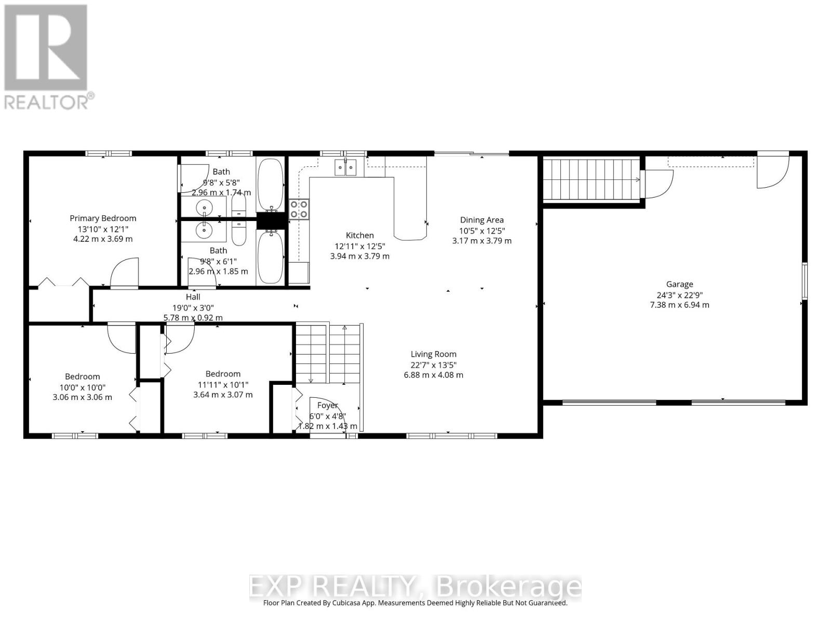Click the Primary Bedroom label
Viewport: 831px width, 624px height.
click(103, 218)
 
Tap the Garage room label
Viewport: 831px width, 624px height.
click(679, 284)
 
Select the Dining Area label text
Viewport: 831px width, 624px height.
click(481, 220)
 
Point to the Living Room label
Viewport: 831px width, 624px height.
click(433, 354)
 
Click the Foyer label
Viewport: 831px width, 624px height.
click(327, 406)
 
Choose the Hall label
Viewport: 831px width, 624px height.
click(193, 297)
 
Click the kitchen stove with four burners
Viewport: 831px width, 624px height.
click(299, 209)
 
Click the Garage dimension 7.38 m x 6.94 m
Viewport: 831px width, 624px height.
click(679, 305)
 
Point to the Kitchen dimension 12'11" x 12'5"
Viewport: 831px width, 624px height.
click(359, 246)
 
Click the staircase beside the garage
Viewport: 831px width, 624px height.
click(591, 180)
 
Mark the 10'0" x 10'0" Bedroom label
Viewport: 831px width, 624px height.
click(82, 376)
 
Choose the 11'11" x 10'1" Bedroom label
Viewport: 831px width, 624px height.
click(223, 374)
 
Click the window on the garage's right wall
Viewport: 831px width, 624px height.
click(805, 281)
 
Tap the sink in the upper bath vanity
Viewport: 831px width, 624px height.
click(205, 207)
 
